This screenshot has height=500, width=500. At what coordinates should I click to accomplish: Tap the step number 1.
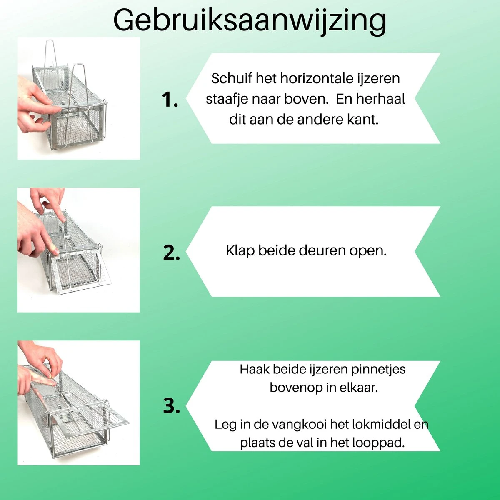click(170, 100)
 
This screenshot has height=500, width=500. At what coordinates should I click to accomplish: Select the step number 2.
click(171, 253)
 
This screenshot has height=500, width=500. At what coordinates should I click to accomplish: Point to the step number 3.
click(171, 406)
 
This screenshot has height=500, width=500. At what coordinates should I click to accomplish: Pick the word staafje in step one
click(227, 99)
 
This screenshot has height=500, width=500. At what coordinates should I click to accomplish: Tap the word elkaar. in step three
click(358, 387)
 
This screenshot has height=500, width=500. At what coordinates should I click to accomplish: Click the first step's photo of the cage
click(78, 98)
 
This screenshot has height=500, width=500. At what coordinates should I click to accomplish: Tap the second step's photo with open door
click(78, 250)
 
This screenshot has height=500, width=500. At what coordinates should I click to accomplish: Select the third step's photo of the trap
click(78, 402)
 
